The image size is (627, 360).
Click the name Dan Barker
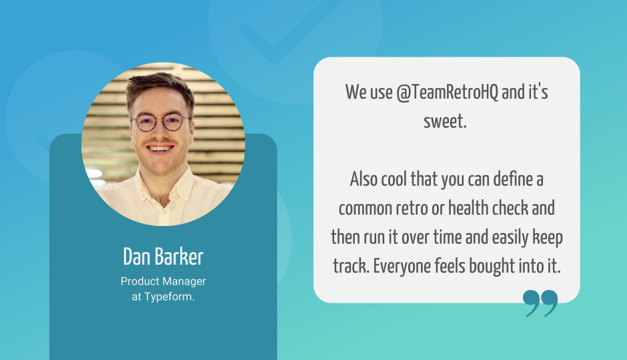(x=163, y=257)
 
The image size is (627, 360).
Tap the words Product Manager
(x=163, y=282)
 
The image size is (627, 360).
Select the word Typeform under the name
(x=169, y=297)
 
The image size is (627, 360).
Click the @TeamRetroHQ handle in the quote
(x=448, y=92)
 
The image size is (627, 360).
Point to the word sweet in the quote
(x=445, y=121)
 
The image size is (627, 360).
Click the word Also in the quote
(x=364, y=179)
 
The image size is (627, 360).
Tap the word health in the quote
(x=468, y=208)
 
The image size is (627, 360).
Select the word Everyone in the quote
(x=402, y=267)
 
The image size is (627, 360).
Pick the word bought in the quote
(x=492, y=267)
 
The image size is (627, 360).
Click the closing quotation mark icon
(x=540, y=303)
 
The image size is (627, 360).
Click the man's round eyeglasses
(x=161, y=122)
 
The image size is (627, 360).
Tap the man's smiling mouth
(x=160, y=149)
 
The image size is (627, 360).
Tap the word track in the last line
(x=351, y=267)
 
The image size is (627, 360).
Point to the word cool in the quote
(x=394, y=179)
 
